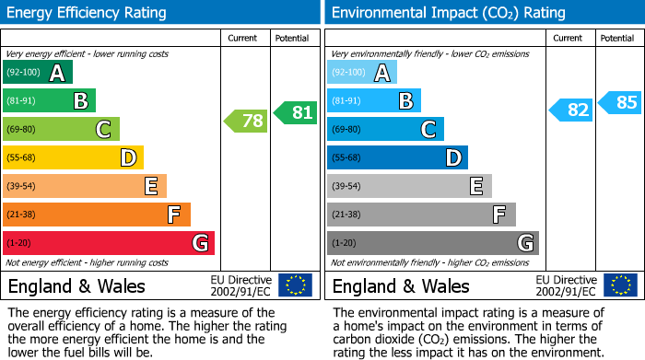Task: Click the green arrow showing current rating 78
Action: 245,121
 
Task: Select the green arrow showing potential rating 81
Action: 295,112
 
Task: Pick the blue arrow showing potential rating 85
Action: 619,102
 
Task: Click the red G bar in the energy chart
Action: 108,243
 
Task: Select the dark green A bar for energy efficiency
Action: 37,72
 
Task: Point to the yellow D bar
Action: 73,157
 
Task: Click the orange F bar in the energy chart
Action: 96,215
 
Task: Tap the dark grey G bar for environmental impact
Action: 432,243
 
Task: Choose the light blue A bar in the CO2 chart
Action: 362,72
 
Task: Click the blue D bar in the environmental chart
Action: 397,157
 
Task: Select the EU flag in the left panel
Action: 295,285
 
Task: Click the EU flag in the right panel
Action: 619,285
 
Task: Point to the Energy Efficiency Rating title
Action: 88,13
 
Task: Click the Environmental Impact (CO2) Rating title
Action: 448,13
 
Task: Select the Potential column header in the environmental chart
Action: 617,38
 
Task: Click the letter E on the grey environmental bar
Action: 475,186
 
